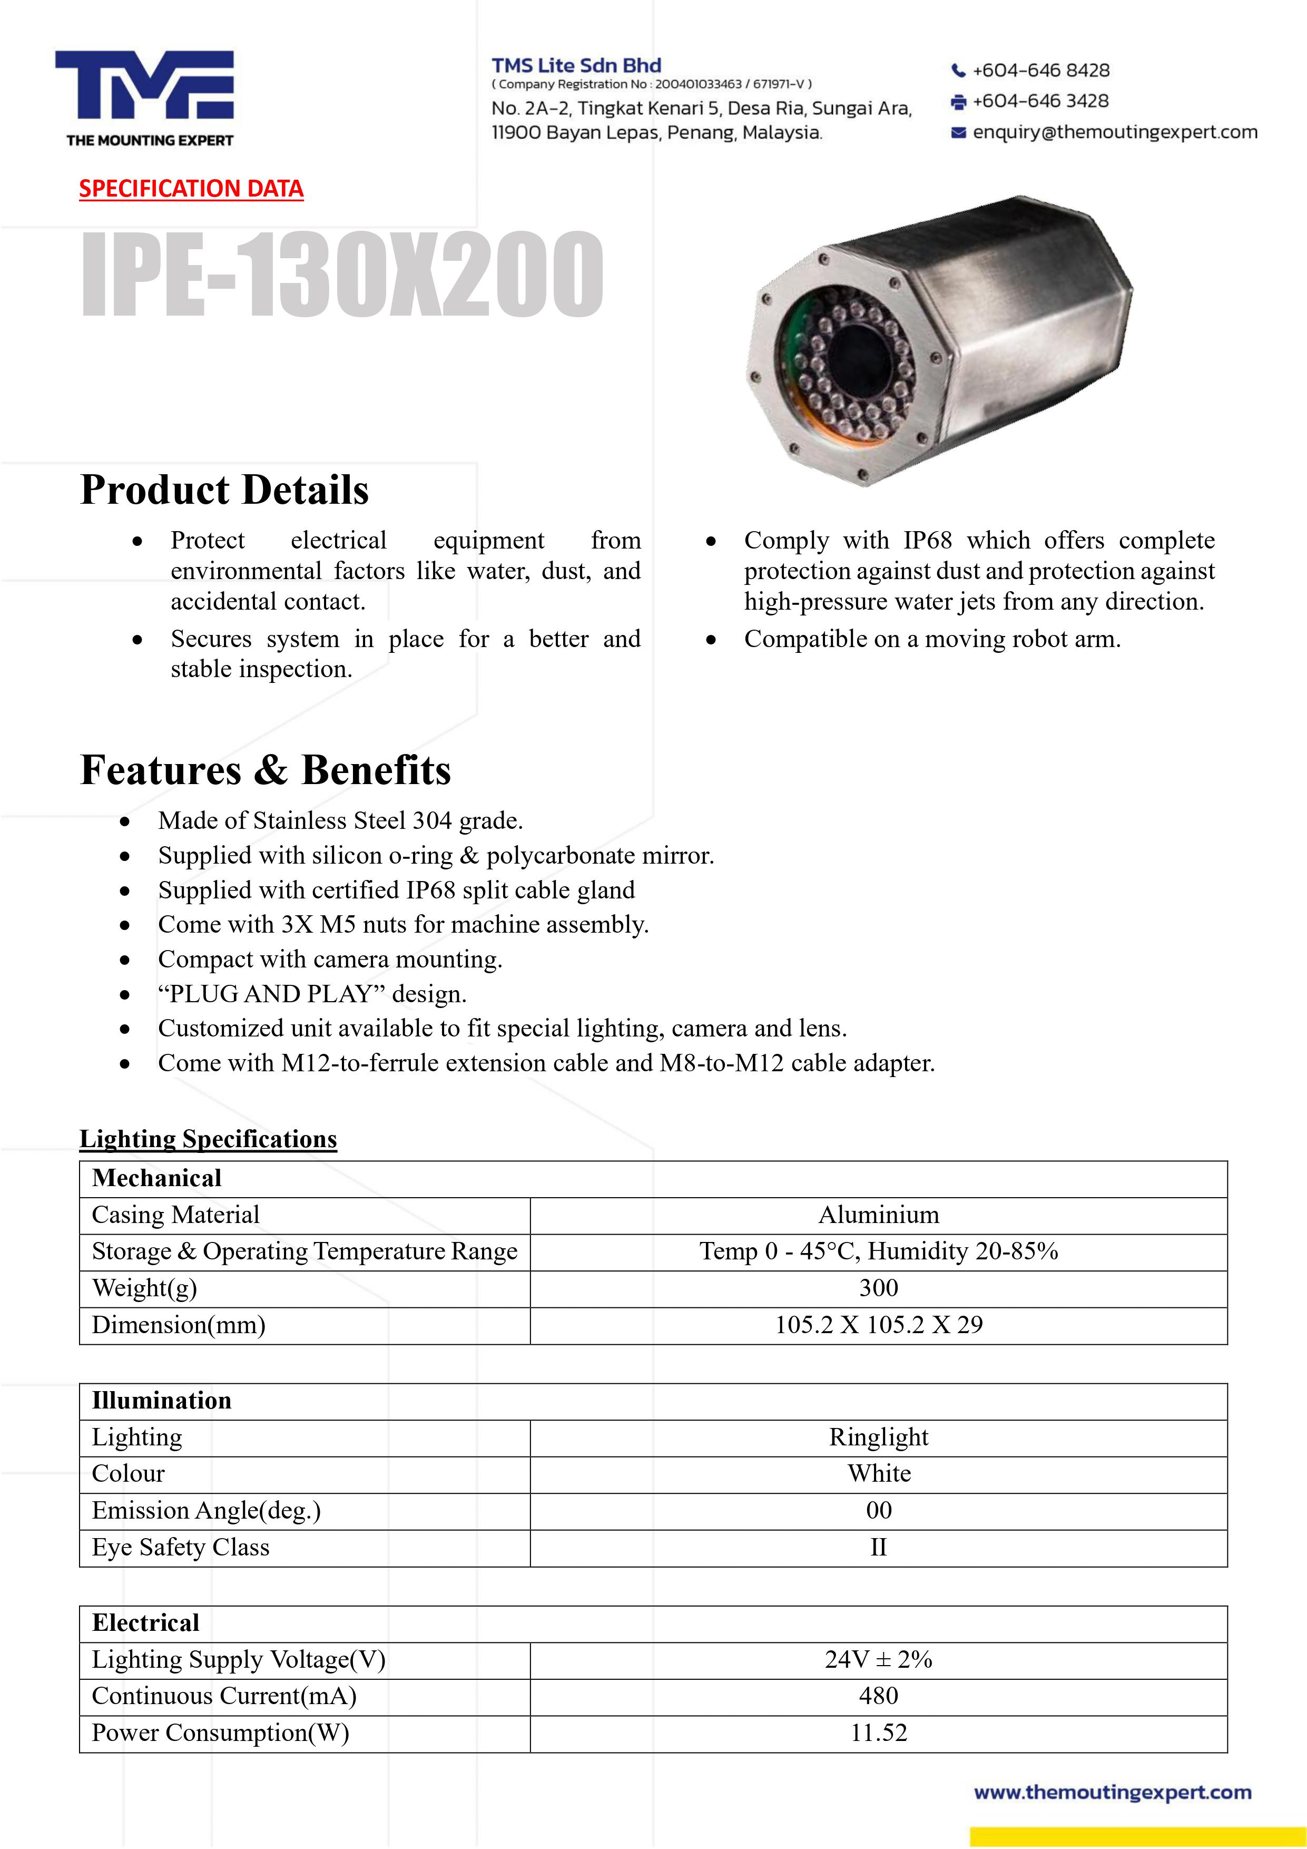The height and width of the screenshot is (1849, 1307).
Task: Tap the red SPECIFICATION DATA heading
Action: pyautogui.click(x=191, y=189)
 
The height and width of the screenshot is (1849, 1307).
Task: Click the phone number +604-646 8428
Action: pyautogui.click(x=1040, y=70)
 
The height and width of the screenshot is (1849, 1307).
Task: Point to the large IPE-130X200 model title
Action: pyautogui.click(x=342, y=274)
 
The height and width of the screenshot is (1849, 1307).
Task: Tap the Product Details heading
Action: pyautogui.click(x=224, y=490)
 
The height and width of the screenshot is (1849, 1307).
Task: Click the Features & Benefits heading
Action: pyautogui.click(x=266, y=770)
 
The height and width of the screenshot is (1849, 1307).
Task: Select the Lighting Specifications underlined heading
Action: pyautogui.click(x=208, y=1139)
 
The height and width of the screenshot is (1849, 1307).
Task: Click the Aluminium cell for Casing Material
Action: pyautogui.click(x=879, y=1215)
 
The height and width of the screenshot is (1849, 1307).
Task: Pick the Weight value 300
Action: pyautogui.click(x=879, y=1288)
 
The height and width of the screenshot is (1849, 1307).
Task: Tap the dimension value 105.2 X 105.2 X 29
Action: pyautogui.click(x=879, y=1325)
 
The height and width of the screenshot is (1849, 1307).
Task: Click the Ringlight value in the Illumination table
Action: pyautogui.click(x=879, y=1437)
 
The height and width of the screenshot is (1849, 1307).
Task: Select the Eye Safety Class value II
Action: pyautogui.click(x=879, y=1547)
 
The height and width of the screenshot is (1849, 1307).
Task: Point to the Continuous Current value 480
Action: pyautogui.click(x=879, y=1696)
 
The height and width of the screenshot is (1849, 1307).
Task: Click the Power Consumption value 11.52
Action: pyautogui.click(x=879, y=1733)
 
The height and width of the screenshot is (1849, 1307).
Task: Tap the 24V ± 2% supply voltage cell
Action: pyautogui.click(x=879, y=1660)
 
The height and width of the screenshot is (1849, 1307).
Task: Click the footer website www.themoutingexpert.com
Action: pyautogui.click(x=1112, y=1793)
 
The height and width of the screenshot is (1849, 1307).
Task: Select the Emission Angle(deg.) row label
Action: pyautogui.click(x=206, y=1511)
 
